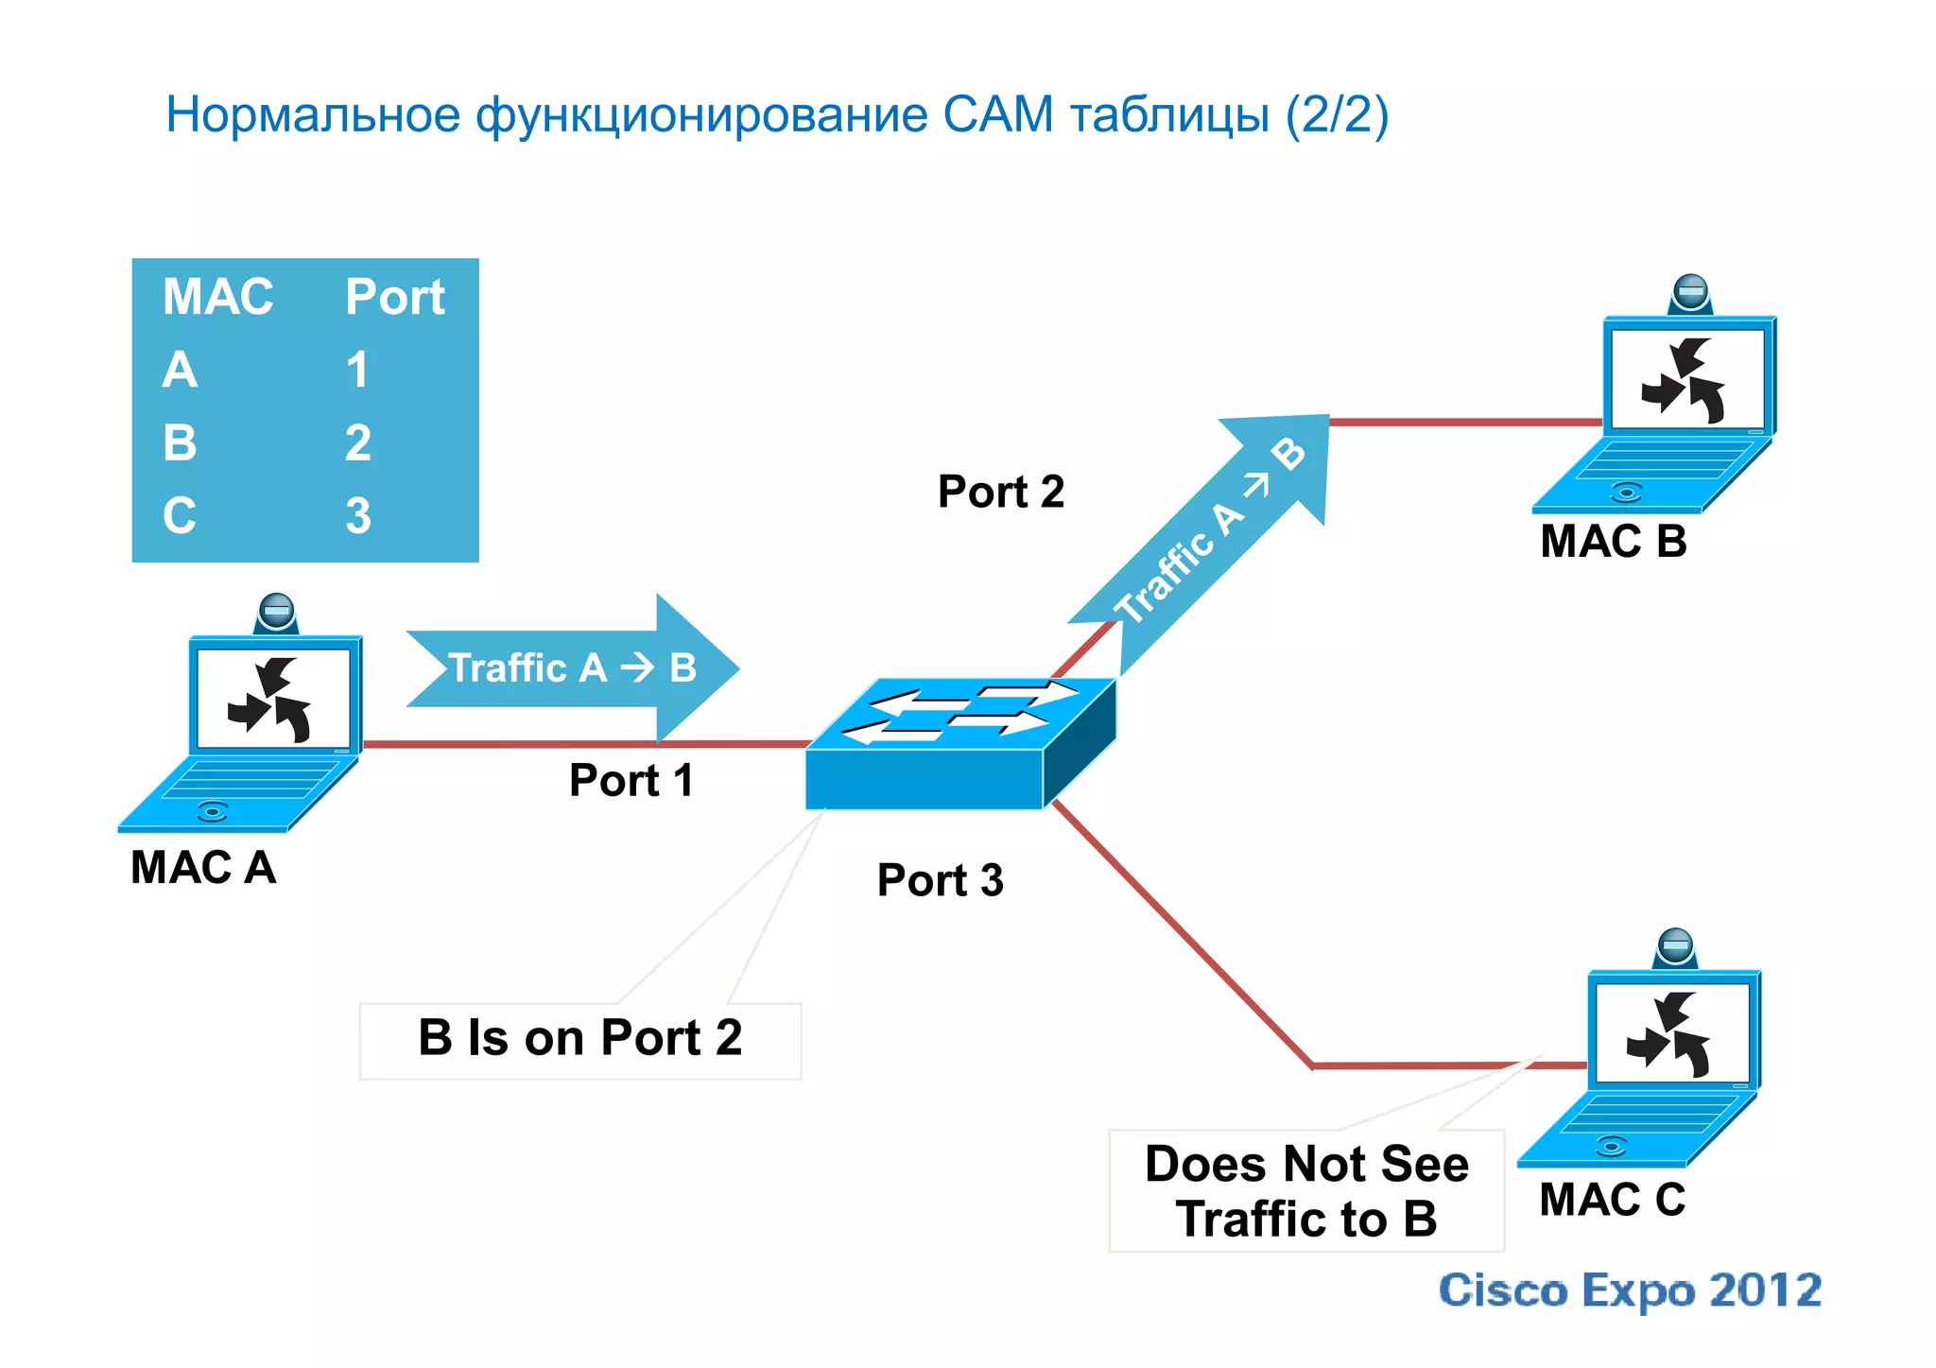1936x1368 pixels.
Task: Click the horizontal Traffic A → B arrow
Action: pyautogui.click(x=572, y=668)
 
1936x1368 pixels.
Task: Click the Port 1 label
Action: pyautogui.click(x=631, y=781)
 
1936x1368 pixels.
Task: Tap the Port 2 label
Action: pyautogui.click(x=1000, y=492)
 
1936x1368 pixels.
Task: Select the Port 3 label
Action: pyautogui.click(x=940, y=880)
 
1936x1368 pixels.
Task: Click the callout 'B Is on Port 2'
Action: pyautogui.click(x=579, y=1039)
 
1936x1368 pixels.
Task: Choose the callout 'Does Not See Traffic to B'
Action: pyautogui.click(x=1305, y=1191)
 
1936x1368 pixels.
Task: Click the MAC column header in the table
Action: pyautogui.click(x=217, y=297)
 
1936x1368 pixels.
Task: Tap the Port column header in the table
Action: pyautogui.click(x=394, y=297)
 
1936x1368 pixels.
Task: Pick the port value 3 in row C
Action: pyautogui.click(x=357, y=516)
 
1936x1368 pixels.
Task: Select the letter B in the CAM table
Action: pyautogui.click(x=180, y=442)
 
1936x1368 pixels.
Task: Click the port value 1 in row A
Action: pyautogui.click(x=356, y=370)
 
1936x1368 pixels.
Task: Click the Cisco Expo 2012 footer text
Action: pyautogui.click(x=1629, y=1290)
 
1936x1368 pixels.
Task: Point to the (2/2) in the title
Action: pyautogui.click(x=1336, y=115)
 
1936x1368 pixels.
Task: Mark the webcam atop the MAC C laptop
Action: pyautogui.click(x=1675, y=946)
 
